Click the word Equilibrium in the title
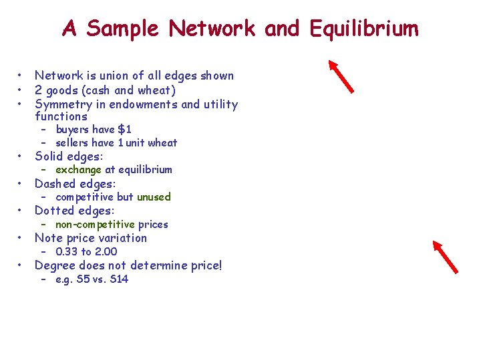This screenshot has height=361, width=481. [365, 29]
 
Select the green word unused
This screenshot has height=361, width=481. [154, 197]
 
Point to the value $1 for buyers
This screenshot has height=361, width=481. [124, 129]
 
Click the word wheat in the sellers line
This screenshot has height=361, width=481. [162, 142]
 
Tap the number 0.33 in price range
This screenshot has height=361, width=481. [67, 251]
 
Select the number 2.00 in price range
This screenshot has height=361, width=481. [106, 251]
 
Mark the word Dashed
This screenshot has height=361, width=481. [55, 184]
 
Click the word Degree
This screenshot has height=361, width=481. [55, 265]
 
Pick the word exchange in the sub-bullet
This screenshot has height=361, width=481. [79, 170]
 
